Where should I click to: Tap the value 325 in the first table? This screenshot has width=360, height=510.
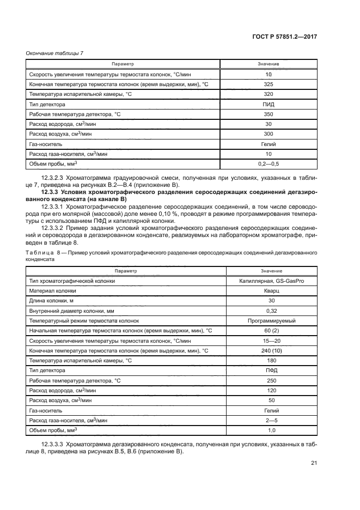(268, 84)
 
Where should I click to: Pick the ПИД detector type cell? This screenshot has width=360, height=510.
(268, 104)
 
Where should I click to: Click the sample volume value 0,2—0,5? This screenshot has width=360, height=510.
(268, 163)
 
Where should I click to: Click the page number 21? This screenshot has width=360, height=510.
(314, 463)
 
